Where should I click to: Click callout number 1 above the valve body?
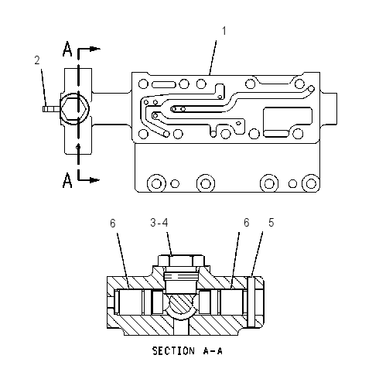[x=224, y=31]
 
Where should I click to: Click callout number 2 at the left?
[x=37, y=60]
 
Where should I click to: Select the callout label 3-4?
[x=159, y=223]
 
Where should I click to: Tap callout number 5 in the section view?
[x=271, y=223]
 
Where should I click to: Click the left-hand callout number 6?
[x=113, y=224]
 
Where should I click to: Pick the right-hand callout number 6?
[x=247, y=223]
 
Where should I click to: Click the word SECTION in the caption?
[x=173, y=351]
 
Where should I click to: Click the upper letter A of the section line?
[x=67, y=49]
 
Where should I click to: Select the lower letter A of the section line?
[x=67, y=180]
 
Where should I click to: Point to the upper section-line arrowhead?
[x=96, y=49]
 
